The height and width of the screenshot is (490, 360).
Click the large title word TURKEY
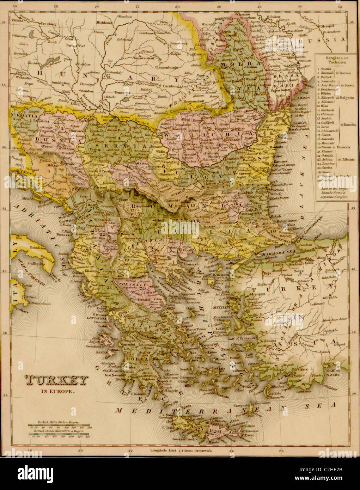[57, 380]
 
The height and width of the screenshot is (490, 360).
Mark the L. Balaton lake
[49, 63]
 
